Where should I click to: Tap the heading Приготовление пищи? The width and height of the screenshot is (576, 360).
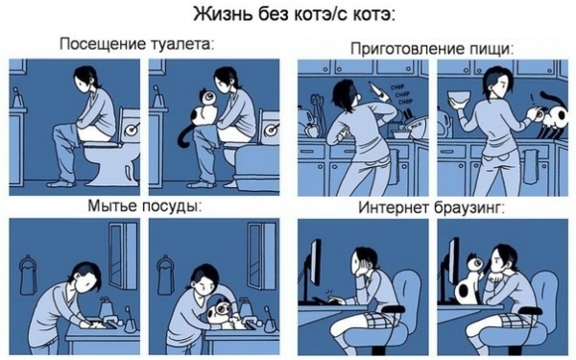(x=430, y=47)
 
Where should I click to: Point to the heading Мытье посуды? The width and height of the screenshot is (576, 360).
(x=143, y=205)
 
